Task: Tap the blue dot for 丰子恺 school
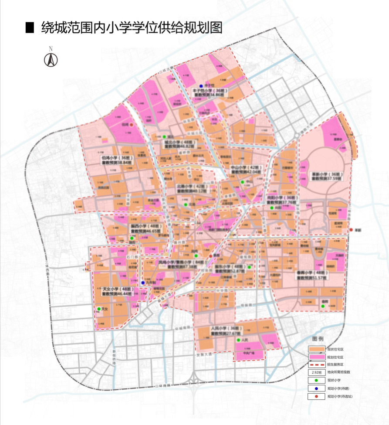(201, 86)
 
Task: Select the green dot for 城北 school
(164, 137)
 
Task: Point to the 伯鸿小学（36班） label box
(115, 160)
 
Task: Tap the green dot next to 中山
(242, 182)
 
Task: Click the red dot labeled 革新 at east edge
(351, 230)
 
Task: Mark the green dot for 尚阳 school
(271, 208)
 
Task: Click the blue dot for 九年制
(142, 283)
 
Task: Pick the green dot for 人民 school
(238, 340)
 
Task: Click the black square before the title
(30, 27)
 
